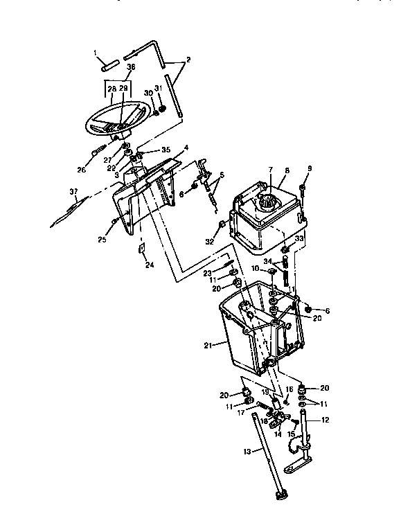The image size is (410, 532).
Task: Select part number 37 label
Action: (x=73, y=192)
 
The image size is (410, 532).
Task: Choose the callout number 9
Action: (x=310, y=169)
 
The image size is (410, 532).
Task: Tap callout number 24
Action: (x=148, y=264)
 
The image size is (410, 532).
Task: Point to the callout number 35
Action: (x=166, y=150)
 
